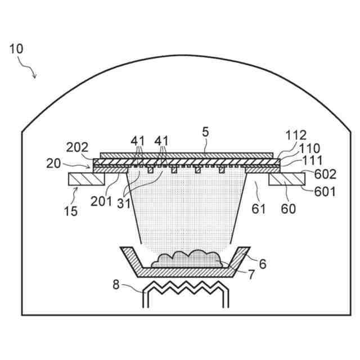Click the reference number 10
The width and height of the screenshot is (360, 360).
(x=16, y=48)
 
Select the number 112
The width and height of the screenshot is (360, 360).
(x=296, y=135)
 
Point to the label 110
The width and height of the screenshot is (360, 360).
(x=309, y=148)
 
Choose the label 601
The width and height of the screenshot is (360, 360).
(x=325, y=191)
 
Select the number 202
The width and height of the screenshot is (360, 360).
(x=77, y=148)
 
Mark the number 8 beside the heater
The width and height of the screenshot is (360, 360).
(x=115, y=285)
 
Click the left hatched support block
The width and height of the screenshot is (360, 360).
(x=85, y=179)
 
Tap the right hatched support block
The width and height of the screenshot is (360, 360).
(x=287, y=179)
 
